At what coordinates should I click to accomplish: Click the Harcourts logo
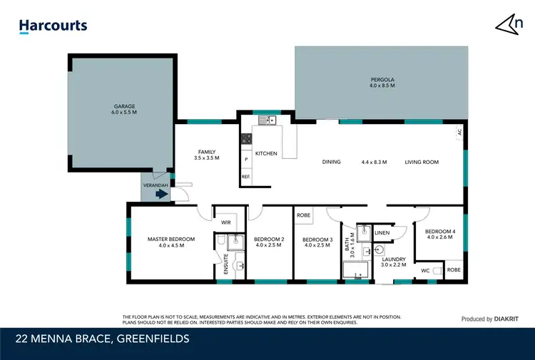tap(53, 26)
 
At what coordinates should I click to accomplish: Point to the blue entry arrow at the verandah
tap(162, 193)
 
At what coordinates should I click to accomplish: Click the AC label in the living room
tap(459, 133)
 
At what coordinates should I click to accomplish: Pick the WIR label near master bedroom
tap(225, 222)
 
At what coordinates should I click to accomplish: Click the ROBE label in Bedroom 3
tap(303, 214)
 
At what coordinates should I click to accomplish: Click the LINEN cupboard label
tap(382, 233)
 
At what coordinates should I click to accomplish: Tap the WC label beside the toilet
tap(424, 271)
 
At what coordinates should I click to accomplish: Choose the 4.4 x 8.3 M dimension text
tap(374, 162)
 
